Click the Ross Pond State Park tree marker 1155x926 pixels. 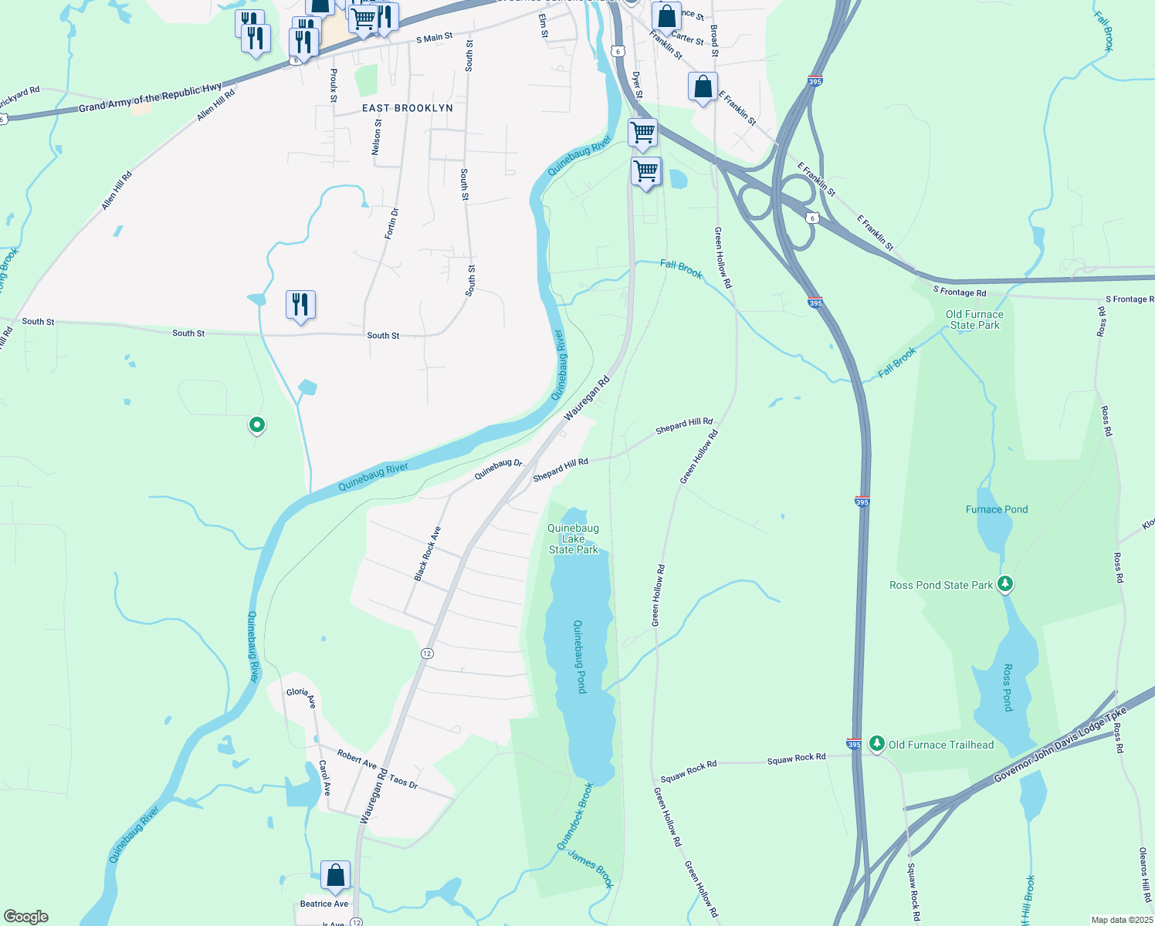(1004, 583)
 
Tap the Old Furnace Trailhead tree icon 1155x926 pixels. (876, 743)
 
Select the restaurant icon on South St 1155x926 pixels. (300, 306)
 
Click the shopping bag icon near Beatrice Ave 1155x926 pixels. (335, 876)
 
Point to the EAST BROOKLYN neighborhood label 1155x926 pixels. (408, 108)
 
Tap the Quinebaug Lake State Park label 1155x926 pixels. (574, 539)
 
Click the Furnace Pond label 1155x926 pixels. (997, 509)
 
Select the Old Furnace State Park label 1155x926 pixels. (974, 319)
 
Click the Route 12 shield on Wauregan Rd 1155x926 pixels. (427, 654)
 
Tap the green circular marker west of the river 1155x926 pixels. (257, 424)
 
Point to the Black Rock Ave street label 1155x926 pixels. (427, 553)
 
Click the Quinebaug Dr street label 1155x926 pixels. (498, 468)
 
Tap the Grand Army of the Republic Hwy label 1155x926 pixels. (150, 98)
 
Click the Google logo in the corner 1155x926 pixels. (26, 917)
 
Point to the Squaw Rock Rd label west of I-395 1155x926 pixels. (688, 771)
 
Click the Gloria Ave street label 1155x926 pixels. (301, 696)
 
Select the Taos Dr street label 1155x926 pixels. (403, 782)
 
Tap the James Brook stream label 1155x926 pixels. (591, 868)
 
